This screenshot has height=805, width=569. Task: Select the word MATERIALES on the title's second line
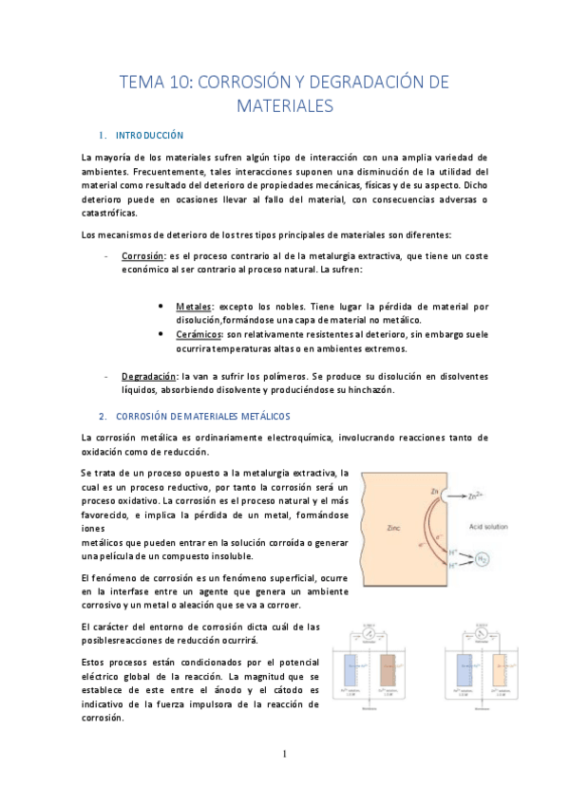coord(284,105)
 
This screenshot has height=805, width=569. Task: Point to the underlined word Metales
coord(194,308)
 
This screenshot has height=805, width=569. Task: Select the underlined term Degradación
coord(150,376)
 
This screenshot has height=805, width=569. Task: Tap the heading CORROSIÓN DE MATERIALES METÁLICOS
coord(202,417)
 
